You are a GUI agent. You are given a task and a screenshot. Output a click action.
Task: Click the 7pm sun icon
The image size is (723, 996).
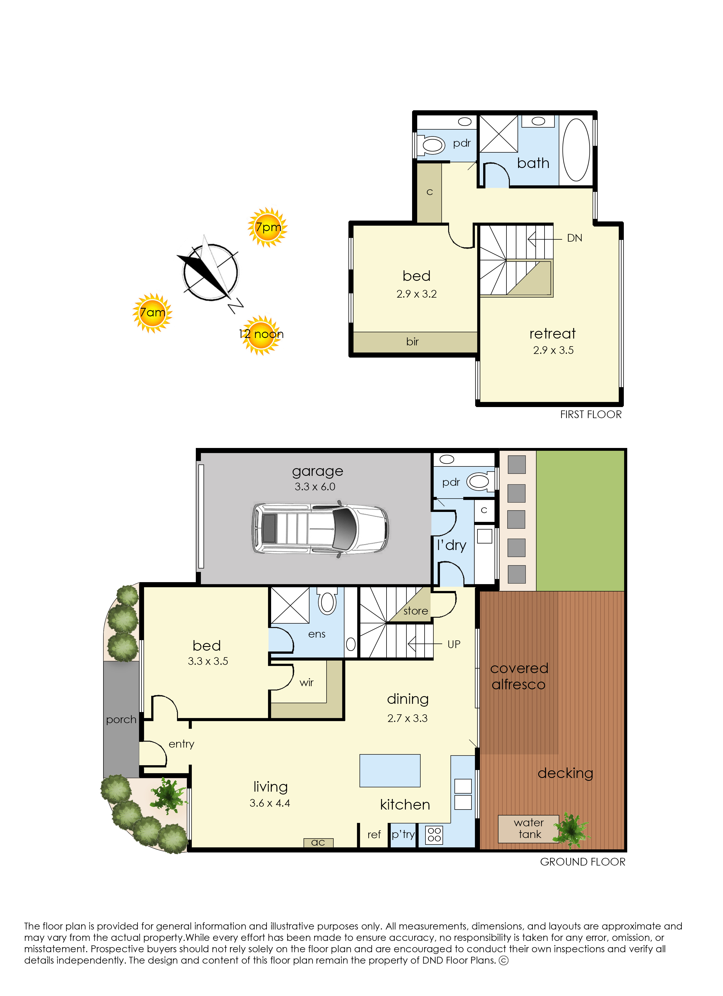click(x=267, y=227)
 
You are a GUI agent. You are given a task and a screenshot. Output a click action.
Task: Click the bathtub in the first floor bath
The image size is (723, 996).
click(x=576, y=150)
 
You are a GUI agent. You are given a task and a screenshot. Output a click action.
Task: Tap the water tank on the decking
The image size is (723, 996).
click(x=529, y=829)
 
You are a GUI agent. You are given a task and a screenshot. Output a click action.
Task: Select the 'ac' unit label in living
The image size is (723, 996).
click(x=318, y=842)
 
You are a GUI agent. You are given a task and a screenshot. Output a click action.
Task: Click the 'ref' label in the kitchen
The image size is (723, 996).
click(x=374, y=834)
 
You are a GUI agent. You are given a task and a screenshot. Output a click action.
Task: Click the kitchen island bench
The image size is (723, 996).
click(x=390, y=770)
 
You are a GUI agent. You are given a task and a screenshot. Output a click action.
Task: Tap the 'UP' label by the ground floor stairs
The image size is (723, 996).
click(x=454, y=644)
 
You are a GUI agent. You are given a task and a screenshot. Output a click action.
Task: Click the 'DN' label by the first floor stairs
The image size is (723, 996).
click(x=575, y=238)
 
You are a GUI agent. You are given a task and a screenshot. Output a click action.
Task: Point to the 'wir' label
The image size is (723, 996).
click(x=306, y=682)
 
